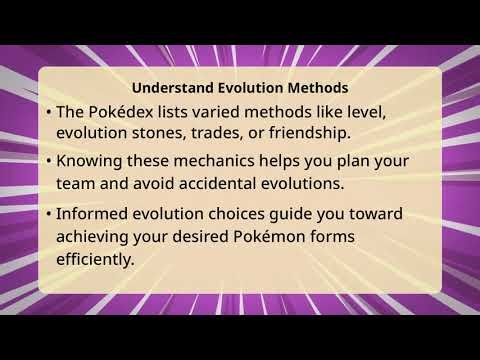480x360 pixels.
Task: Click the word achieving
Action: pyautogui.click(x=98, y=237)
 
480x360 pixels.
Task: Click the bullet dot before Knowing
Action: pyautogui.click(x=49, y=161)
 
